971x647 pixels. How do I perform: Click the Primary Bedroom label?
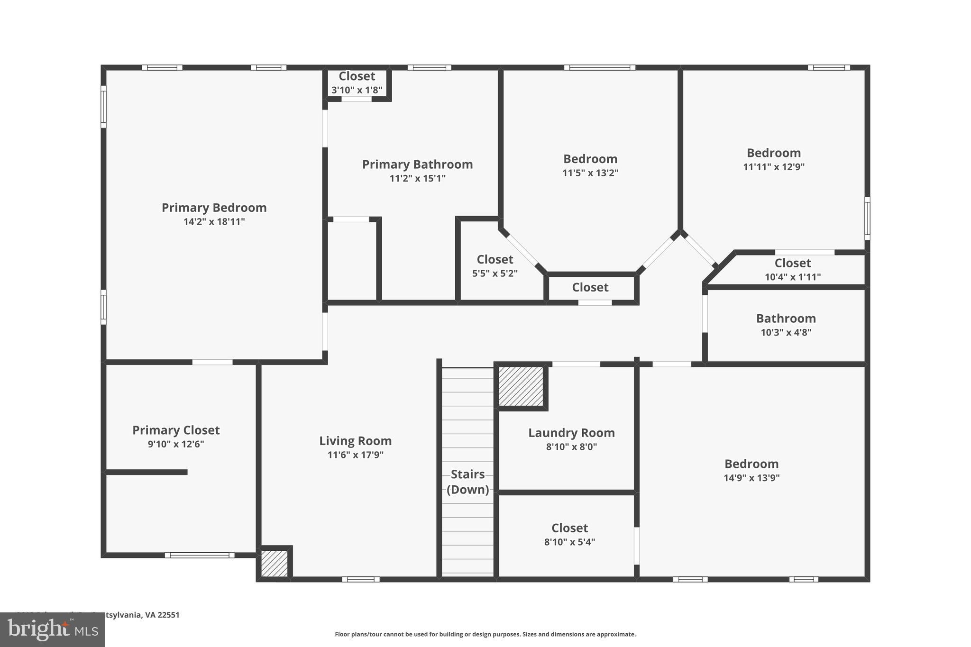214,208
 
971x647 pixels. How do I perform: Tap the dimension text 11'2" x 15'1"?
417,179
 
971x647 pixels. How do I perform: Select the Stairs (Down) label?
467,482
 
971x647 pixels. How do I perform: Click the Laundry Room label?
571,433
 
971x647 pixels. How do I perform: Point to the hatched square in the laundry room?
521,386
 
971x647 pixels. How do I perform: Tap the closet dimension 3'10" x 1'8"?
357,90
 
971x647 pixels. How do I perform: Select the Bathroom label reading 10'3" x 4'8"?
786,319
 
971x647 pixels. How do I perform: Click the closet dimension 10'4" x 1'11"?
792,277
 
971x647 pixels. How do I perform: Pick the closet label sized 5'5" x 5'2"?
495,260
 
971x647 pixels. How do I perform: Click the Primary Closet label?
176,430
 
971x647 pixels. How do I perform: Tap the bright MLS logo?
52,630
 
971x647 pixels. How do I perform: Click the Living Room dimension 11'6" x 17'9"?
355,455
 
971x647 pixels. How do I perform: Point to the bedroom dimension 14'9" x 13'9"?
751,478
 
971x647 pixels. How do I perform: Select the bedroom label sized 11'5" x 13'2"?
590,159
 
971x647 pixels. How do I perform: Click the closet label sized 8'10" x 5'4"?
569,528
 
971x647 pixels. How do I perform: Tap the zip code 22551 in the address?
169,615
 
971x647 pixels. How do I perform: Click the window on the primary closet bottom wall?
200,555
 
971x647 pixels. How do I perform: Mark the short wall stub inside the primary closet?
147,472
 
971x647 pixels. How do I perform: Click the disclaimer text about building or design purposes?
485,634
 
